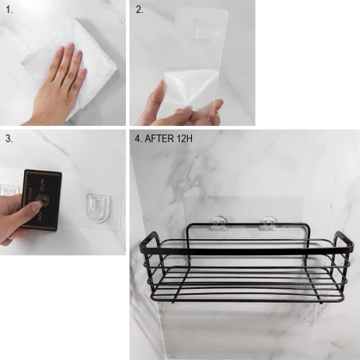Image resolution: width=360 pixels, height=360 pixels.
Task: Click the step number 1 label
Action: pos(9,10)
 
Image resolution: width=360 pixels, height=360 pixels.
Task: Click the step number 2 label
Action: pos(140,9)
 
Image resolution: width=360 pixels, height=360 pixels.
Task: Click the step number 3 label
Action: pos(9,139)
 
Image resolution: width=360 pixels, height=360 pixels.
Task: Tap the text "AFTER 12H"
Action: pos(169,139)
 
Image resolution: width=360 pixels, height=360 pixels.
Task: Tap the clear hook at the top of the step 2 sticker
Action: pos(207,31)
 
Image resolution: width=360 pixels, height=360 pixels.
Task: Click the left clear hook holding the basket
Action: pos(219,224)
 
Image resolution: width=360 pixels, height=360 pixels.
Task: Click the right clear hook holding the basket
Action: pos(268,224)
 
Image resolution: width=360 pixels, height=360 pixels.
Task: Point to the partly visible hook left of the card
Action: pos(9,190)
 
